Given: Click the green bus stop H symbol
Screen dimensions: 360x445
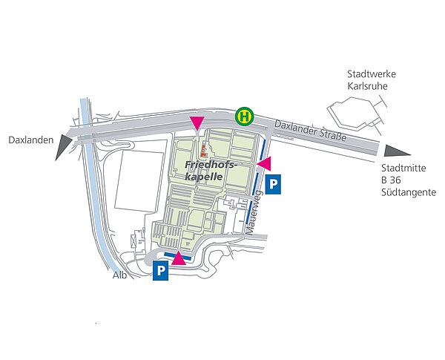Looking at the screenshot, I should pyautogui.click(x=245, y=117).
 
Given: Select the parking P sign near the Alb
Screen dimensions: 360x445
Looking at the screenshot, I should pyautogui.click(x=161, y=272).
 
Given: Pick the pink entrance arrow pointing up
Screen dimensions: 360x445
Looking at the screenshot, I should pyautogui.click(x=179, y=258).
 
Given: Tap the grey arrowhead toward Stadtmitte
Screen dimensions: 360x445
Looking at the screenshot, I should pyautogui.click(x=392, y=151).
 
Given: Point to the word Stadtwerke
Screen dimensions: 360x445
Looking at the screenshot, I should pyautogui.click(x=372, y=74).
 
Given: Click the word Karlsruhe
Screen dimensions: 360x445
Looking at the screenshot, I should pyautogui.click(x=367, y=86).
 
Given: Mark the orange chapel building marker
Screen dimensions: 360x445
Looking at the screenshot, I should pyautogui.click(x=204, y=151).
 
